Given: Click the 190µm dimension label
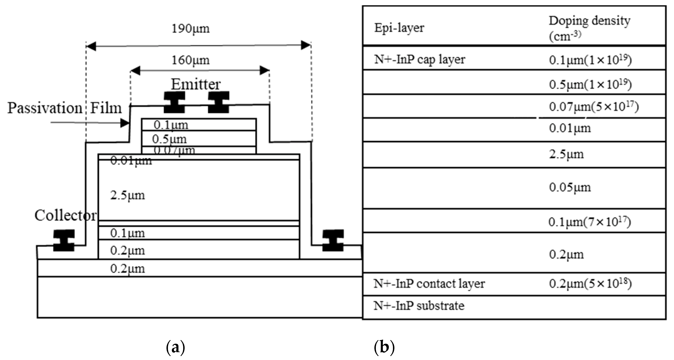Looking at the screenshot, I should point(190,29).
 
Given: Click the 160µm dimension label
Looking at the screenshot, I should point(190,60).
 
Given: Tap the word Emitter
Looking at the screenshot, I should point(196,84).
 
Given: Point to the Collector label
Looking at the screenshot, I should point(65,215).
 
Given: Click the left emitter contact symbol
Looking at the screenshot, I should point(175,102).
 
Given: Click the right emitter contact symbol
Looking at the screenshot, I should point(219,102).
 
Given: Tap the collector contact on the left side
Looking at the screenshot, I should point(64,240).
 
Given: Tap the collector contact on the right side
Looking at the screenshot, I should point(333,240).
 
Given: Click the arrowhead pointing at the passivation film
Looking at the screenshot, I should point(125,123).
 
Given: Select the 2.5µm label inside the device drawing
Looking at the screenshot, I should point(127,195).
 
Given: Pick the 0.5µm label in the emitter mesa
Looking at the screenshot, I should point(169,139).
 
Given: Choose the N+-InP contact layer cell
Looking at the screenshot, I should point(429,284).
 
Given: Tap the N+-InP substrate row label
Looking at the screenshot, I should point(419,306).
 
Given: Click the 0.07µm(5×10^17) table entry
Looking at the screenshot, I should point(594,107).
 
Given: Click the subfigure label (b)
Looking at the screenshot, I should point(384,348).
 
